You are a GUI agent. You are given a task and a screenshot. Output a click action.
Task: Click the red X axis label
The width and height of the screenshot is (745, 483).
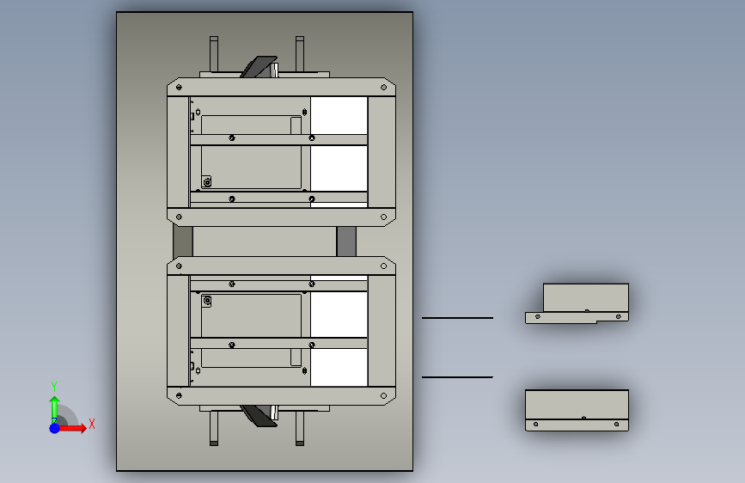[92, 424]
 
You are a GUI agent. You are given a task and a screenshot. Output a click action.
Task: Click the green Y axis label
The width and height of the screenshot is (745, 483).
[54, 386]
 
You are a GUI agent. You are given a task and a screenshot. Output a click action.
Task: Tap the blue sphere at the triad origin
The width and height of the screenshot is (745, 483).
[55, 428]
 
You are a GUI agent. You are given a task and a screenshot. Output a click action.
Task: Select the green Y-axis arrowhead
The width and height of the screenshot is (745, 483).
[55, 400]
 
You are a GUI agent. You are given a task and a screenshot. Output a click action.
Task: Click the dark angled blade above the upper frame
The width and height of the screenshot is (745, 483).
[259, 66]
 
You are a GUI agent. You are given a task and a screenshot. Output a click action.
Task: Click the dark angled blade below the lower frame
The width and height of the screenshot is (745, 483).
[259, 416]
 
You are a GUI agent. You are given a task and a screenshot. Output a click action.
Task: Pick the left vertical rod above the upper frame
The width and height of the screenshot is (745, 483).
[214, 54]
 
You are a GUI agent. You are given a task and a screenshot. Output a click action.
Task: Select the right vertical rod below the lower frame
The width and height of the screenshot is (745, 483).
[300, 428]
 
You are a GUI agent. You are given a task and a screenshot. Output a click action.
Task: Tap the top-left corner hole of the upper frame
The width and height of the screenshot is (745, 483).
[179, 87]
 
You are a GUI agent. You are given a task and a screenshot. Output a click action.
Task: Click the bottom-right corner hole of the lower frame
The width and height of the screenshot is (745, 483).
[383, 395]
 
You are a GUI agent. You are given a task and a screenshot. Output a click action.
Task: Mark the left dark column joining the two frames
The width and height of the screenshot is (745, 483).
[183, 241]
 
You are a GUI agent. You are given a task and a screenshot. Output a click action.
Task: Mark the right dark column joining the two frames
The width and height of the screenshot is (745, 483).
[346, 241]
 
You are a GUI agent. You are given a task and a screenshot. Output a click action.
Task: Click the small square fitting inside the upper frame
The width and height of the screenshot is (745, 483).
[207, 181]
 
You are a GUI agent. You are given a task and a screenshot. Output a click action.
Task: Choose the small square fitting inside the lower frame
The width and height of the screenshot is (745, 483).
[207, 301]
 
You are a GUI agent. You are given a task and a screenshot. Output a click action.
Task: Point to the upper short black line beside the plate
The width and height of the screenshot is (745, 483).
[457, 318]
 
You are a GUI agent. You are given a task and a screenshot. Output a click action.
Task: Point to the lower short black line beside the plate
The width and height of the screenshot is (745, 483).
[457, 377]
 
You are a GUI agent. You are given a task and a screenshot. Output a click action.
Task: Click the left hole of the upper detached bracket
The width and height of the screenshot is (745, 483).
[538, 316]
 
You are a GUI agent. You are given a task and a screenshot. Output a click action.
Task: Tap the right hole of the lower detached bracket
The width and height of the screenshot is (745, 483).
[616, 424]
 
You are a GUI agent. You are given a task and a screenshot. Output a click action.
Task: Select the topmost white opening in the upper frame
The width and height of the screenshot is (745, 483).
[339, 115]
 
